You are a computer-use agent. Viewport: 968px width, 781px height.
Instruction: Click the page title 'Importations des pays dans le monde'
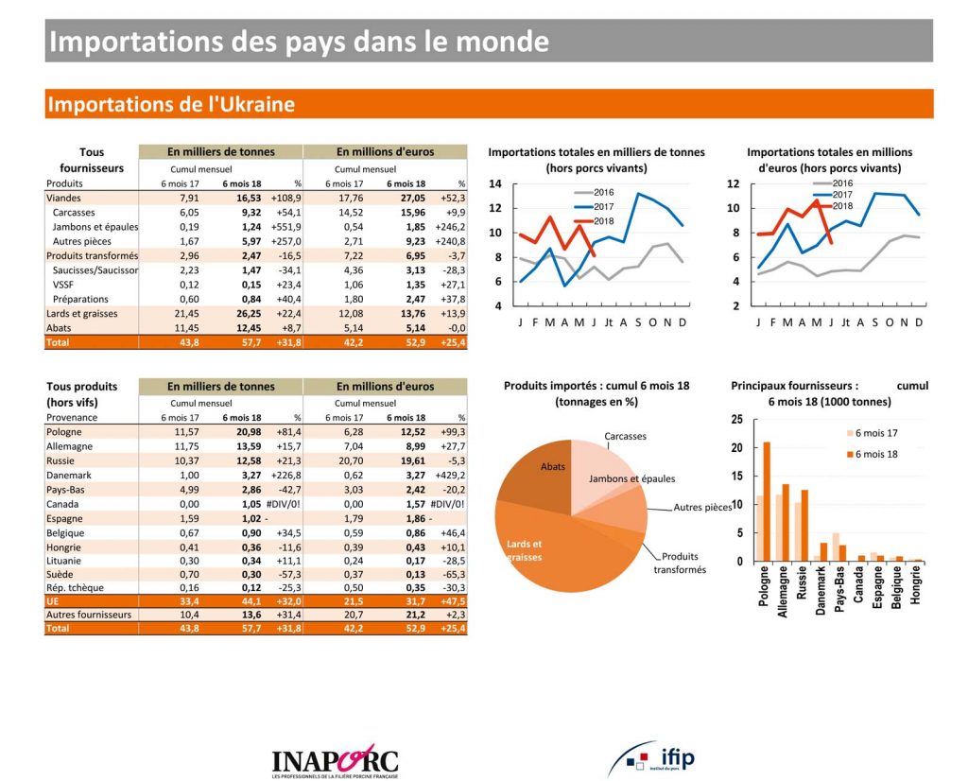point(298,42)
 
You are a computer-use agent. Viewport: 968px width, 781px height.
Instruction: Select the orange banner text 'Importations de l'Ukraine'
point(171,104)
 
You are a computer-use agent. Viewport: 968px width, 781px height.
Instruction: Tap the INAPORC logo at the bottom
point(335,759)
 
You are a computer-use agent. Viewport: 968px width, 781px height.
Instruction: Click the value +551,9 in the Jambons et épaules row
point(285,227)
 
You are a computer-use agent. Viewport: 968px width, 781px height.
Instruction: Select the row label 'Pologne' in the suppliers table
point(64,432)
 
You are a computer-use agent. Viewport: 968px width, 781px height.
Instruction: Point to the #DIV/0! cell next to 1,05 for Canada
point(285,504)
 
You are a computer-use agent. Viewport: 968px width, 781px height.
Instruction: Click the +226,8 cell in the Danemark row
point(285,476)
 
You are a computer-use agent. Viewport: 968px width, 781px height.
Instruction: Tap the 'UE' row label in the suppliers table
point(54,600)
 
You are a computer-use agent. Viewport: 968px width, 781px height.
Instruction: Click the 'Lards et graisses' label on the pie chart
point(526,550)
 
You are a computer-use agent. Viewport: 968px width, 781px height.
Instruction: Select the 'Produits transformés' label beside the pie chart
point(680,564)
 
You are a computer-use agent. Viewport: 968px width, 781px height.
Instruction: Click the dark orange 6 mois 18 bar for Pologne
point(767,501)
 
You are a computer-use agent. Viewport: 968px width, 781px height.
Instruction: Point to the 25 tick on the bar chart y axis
point(737,420)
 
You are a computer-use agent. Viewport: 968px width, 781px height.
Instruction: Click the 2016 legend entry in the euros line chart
point(842,183)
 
